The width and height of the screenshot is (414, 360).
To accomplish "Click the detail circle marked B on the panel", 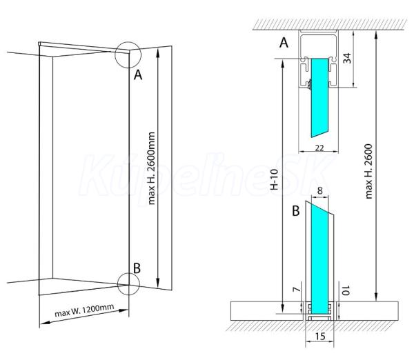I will coord(129,283).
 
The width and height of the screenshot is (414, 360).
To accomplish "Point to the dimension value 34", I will coord(347,57).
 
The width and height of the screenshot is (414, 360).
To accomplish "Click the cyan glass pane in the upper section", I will coord(321,97).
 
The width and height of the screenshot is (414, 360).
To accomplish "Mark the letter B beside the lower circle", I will coord(137,266).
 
